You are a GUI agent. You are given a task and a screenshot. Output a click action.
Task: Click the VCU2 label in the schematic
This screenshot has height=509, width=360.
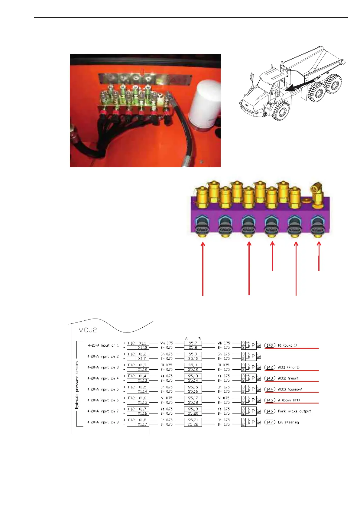pyautogui.click(x=88, y=330)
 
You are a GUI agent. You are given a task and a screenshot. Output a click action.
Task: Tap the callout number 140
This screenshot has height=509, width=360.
pyautogui.click(x=270, y=345)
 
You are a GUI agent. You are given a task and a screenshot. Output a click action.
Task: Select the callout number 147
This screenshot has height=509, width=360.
pyautogui.click(x=270, y=422)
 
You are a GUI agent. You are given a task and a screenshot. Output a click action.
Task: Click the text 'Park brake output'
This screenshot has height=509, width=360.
pyautogui.click(x=294, y=411)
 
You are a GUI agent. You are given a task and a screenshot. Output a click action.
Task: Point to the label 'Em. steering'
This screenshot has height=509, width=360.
pyautogui.click(x=288, y=422)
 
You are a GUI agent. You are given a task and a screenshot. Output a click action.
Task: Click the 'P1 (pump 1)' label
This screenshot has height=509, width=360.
pyautogui.click(x=287, y=345)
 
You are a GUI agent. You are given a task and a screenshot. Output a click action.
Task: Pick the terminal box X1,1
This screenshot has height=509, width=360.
pyautogui.click(x=142, y=343)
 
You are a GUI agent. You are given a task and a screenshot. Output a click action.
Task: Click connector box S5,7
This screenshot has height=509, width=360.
pyautogui.click(x=193, y=343)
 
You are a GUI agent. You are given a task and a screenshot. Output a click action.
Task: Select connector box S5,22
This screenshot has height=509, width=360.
pyautogui.click(x=193, y=424)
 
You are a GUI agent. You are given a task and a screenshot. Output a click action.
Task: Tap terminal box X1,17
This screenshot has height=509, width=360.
pyautogui.click(x=142, y=424)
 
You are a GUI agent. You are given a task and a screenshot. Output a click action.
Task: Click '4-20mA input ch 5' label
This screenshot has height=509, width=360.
pyautogui.click(x=103, y=389)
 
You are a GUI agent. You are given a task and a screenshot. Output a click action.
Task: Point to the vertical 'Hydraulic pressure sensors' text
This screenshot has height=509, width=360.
pyautogui.click(x=77, y=384)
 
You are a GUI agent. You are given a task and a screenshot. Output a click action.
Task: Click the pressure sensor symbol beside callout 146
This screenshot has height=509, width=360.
pyautogui.click(x=251, y=411)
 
